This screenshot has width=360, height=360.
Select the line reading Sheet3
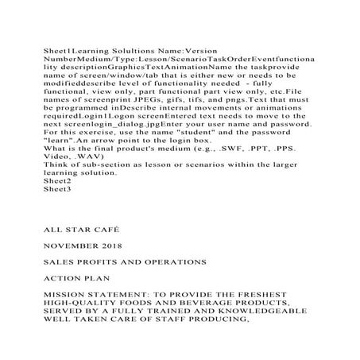pos(56,189)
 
